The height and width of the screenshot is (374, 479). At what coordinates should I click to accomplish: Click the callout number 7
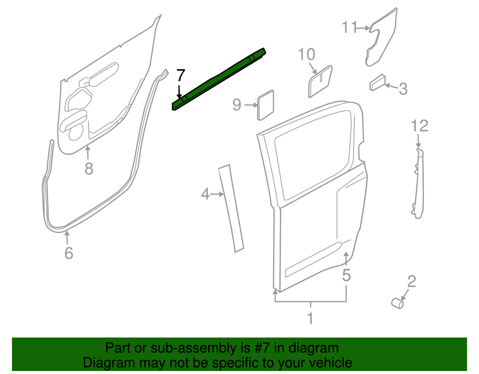tap(181, 75)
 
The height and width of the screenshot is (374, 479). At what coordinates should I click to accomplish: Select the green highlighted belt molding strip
tap(219, 78)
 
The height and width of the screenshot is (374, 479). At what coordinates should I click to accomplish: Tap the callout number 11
tap(349, 27)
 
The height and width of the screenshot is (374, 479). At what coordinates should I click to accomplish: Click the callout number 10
tap(307, 54)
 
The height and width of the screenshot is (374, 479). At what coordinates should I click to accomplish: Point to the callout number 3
tap(403, 89)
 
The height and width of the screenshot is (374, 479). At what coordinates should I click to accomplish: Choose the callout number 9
tap(237, 105)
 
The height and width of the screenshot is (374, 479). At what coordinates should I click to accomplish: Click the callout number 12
tap(419, 126)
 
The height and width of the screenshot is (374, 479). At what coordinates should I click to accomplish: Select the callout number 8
tap(89, 169)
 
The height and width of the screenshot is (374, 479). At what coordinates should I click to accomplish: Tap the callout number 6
tap(69, 253)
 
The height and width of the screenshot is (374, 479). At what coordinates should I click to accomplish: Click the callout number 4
tap(205, 194)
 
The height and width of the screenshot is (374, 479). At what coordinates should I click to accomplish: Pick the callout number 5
tap(346, 275)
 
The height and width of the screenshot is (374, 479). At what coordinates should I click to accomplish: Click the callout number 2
tap(412, 281)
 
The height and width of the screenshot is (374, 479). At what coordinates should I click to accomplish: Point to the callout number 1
tap(310, 318)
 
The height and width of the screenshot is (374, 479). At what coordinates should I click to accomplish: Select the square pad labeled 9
tap(266, 105)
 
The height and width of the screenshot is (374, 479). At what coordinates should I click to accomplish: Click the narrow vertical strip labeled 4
tap(231, 208)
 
